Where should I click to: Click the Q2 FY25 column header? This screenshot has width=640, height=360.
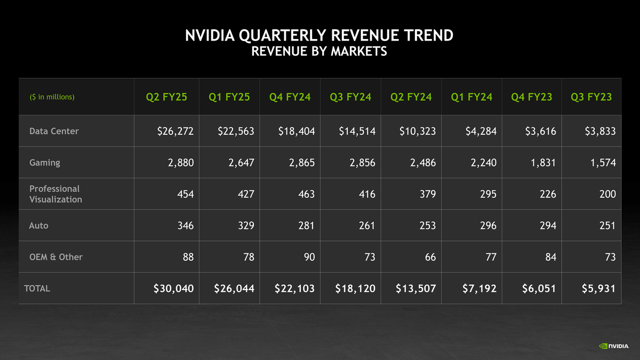coord(166,97)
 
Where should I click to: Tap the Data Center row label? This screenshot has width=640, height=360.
coord(54,131)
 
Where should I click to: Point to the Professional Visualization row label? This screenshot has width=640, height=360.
coord(55,194)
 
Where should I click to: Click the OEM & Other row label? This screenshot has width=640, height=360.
coord(56,257)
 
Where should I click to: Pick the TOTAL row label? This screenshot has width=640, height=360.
coord(37,289)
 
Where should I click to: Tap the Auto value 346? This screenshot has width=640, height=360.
coord(185,226)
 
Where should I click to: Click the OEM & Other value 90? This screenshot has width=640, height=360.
coord(309,257)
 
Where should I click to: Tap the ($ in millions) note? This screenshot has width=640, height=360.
coord(52,98)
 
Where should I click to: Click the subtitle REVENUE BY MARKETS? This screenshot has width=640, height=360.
coord(319,52)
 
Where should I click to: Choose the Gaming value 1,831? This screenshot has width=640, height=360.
coord(542,163)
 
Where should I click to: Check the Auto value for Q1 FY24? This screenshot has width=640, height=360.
coord(487,226)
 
